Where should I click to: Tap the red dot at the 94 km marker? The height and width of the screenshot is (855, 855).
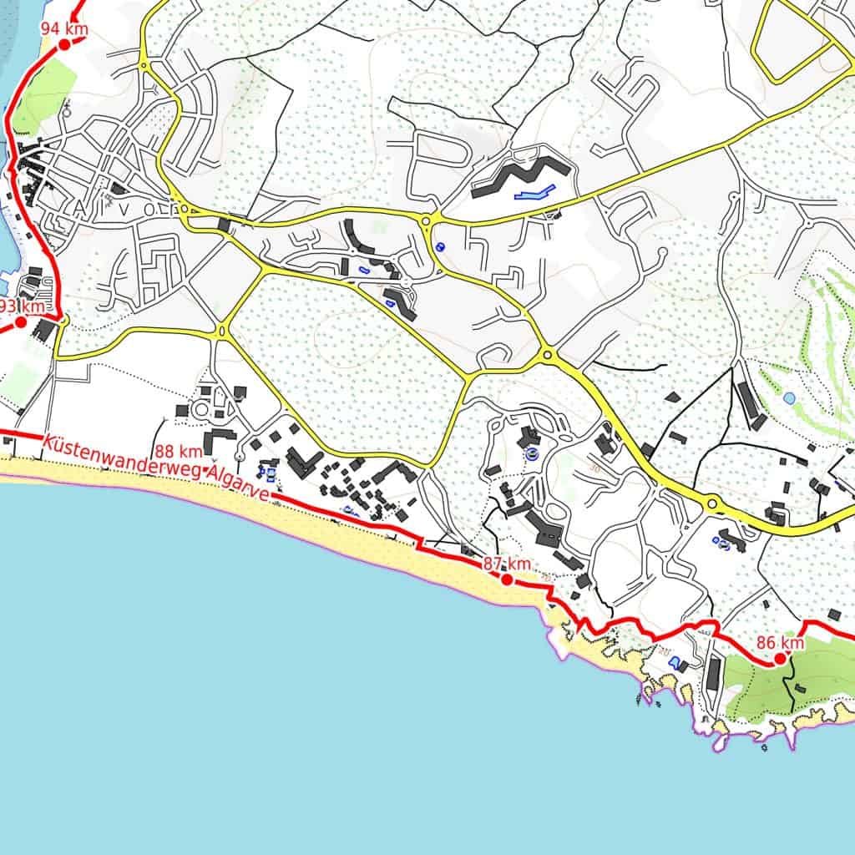click(x=64, y=45)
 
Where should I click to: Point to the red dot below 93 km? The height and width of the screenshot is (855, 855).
click(x=21, y=321)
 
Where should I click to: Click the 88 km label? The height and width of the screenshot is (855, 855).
click(x=179, y=452)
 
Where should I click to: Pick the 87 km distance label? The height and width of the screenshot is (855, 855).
click(x=507, y=564)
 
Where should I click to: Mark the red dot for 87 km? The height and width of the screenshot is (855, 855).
click(x=507, y=579)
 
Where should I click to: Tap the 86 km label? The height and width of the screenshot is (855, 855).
click(x=780, y=643)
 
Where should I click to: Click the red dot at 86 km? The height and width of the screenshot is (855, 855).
click(x=780, y=659)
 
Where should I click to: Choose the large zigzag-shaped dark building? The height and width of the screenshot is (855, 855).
click(x=521, y=176)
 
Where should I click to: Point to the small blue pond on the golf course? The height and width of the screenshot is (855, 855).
click(x=788, y=398)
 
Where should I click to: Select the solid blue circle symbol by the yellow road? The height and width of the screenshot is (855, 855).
click(x=440, y=247)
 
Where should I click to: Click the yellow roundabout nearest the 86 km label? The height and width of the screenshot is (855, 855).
click(x=712, y=503)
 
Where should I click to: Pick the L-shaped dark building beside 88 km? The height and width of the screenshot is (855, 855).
click(x=219, y=442)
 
